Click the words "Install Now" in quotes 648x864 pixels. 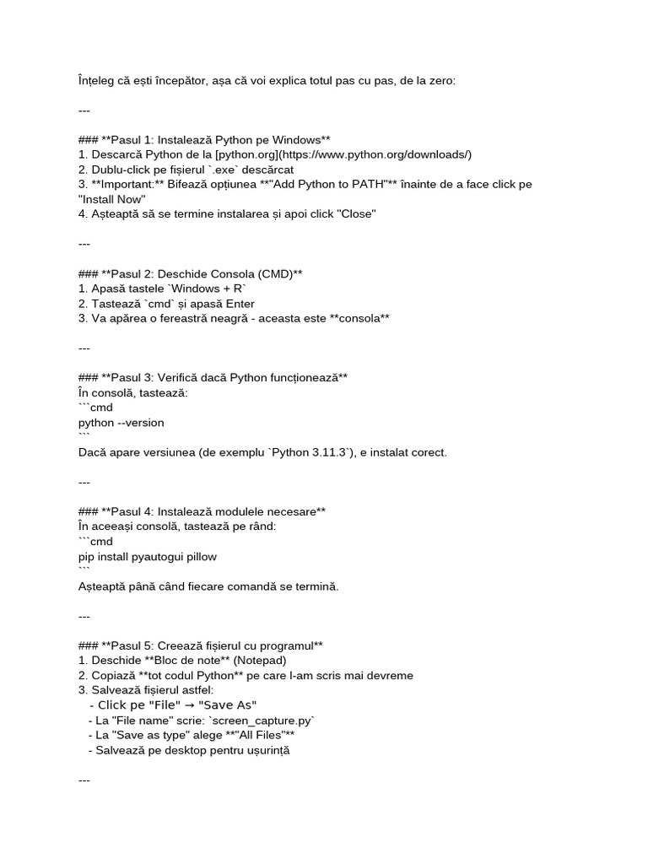pos(112,199)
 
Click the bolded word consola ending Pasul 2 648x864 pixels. pos(360,318)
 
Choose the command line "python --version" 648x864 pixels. pos(121,422)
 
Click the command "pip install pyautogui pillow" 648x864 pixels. pos(147,557)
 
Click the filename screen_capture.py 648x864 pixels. pos(262,720)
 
